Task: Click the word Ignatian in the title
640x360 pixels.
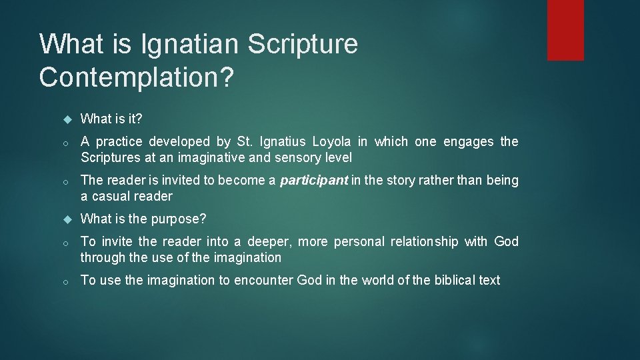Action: (x=189, y=44)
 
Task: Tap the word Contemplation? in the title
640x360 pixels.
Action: (x=137, y=77)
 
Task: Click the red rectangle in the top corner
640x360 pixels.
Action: (x=565, y=30)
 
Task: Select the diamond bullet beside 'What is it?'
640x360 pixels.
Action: (x=67, y=119)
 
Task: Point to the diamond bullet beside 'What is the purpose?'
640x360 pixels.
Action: (x=67, y=219)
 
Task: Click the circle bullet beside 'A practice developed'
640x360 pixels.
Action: (x=67, y=142)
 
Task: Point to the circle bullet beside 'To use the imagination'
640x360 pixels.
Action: (x=67, y=281)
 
